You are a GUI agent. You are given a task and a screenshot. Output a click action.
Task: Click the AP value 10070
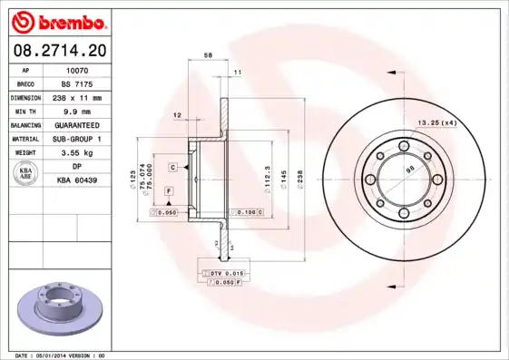[x=76, y=69]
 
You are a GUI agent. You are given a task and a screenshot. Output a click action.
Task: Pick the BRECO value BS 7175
[x=76, y=83]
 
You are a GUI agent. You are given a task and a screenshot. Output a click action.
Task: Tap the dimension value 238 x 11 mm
[x=77, y=97]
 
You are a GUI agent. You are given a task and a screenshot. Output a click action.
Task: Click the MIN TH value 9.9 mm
[x=77, y=111]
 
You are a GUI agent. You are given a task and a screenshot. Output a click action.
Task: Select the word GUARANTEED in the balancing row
[x=77, y=124]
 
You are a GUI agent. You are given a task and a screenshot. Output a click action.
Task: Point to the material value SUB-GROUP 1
[x=77, y=139]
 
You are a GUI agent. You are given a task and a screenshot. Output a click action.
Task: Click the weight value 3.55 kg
[x=77, y=153]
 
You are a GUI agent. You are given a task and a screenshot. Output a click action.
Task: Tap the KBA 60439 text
[x=77, y=180]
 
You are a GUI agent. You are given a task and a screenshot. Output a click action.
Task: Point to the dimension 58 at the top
[x=208, y=56]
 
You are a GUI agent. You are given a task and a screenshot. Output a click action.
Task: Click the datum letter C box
[x=171, y=168]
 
